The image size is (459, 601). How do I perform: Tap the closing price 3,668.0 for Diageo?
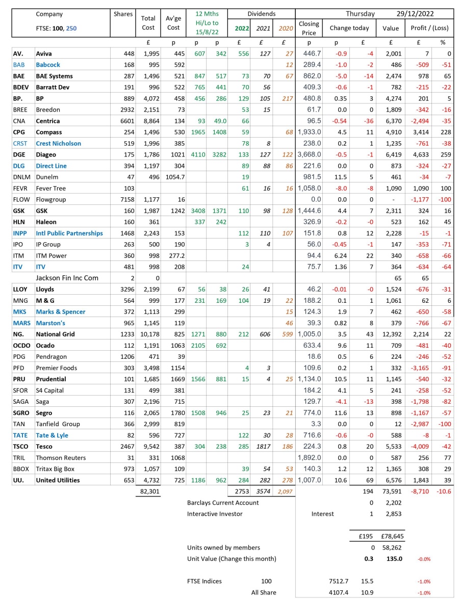click(x=309, y=154)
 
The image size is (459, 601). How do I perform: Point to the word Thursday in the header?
click(x=360, y=14)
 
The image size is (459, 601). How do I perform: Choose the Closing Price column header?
click(x=309, y=28)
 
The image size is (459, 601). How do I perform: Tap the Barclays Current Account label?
click(x=223, y=503)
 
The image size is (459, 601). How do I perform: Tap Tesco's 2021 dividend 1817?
click(x=263, y=447)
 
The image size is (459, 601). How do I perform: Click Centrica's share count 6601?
click(x=125, y=121)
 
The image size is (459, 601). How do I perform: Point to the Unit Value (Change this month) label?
click(x=232, y=559)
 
